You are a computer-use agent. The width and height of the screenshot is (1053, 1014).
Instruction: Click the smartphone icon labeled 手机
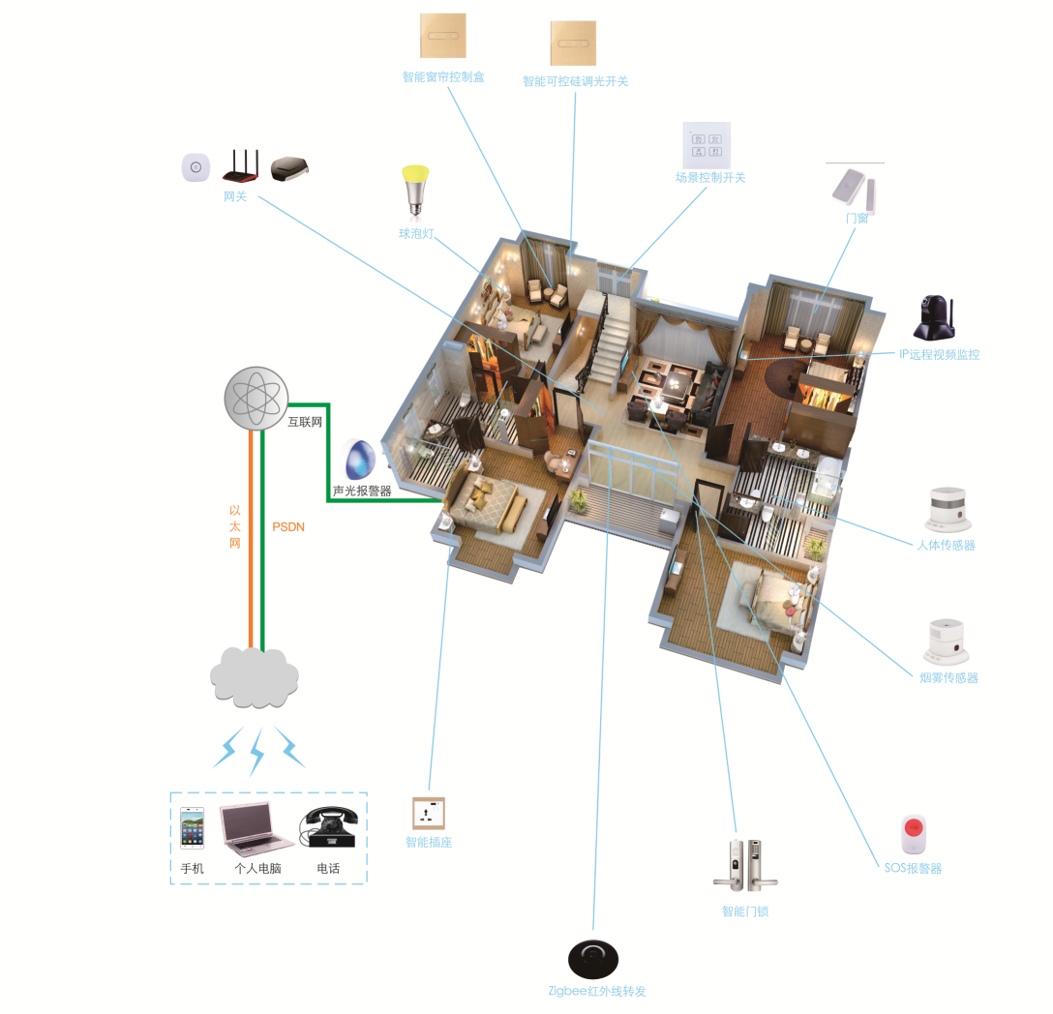tap(193, 828)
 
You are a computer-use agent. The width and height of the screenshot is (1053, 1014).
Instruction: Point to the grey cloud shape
tap(255, 677)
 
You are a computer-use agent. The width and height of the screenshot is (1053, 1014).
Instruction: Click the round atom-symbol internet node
tap(256, 398)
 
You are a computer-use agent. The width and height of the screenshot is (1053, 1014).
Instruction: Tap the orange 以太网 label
tap(234, 526)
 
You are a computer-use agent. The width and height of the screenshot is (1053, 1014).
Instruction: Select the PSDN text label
tap(288, 527)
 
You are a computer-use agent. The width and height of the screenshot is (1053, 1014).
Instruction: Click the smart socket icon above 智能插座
tap(429, 813)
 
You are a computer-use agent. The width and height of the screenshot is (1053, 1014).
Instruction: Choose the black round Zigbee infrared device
tap(593, 959)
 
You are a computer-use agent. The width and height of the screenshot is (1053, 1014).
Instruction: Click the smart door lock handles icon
tap(745, 864)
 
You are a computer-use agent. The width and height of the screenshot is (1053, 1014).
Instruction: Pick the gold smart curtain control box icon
tap(443, 38)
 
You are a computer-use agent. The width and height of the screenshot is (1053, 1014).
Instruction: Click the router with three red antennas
tap(241, 165)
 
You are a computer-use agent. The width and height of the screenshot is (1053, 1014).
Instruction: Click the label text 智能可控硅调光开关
tap(575, 81)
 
